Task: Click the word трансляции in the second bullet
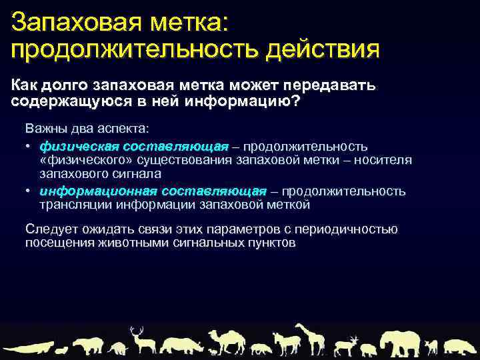tap(71, 204)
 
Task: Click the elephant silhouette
tap(398, 341)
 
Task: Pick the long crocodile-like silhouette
tap(31, 347)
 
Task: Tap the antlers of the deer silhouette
tap(137, 330)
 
